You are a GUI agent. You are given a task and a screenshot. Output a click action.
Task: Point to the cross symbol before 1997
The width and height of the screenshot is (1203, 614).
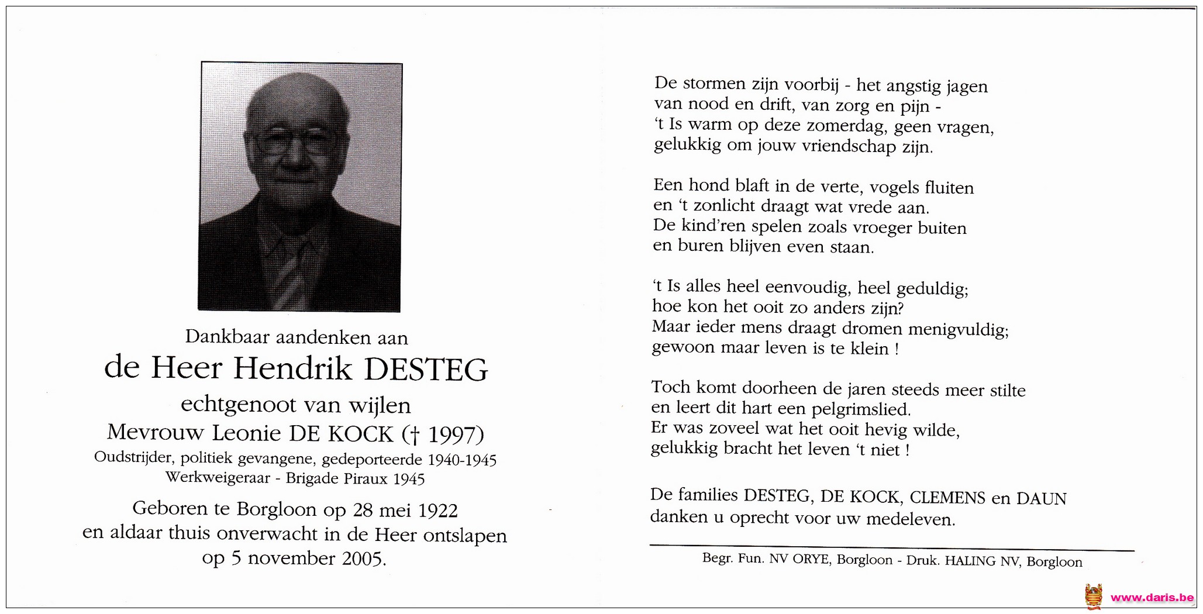coord(415,435)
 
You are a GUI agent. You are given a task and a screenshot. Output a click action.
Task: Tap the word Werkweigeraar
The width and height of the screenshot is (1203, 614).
coord(218,478)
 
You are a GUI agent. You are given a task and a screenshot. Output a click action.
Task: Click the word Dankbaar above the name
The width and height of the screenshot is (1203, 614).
coord(227,337)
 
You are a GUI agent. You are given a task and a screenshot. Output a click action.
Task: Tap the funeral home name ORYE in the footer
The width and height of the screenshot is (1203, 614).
coord(811,559)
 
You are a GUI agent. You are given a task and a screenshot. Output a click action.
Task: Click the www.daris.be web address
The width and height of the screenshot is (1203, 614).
coord(1152,598)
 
